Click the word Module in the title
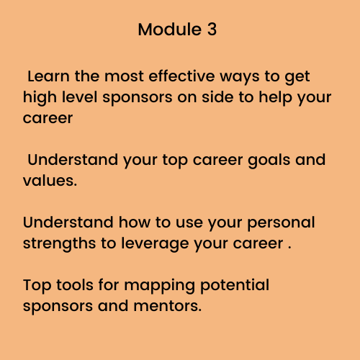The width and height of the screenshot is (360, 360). [170, 30]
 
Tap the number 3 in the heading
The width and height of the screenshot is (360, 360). [212, 30]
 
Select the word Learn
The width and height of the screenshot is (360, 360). [48, 76]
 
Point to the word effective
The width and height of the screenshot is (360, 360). [181, 76]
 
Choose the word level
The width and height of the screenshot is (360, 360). [80, 97]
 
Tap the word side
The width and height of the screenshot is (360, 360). [217, 97]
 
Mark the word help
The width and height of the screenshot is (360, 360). [275, 99]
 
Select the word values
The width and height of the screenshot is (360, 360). [50, 181]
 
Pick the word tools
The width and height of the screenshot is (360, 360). [75, 285]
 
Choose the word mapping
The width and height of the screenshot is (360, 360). [160, 287]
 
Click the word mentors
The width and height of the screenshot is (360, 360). [168, 306]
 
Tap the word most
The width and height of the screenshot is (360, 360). [124, 77]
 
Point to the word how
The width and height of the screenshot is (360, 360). [135, 222]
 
